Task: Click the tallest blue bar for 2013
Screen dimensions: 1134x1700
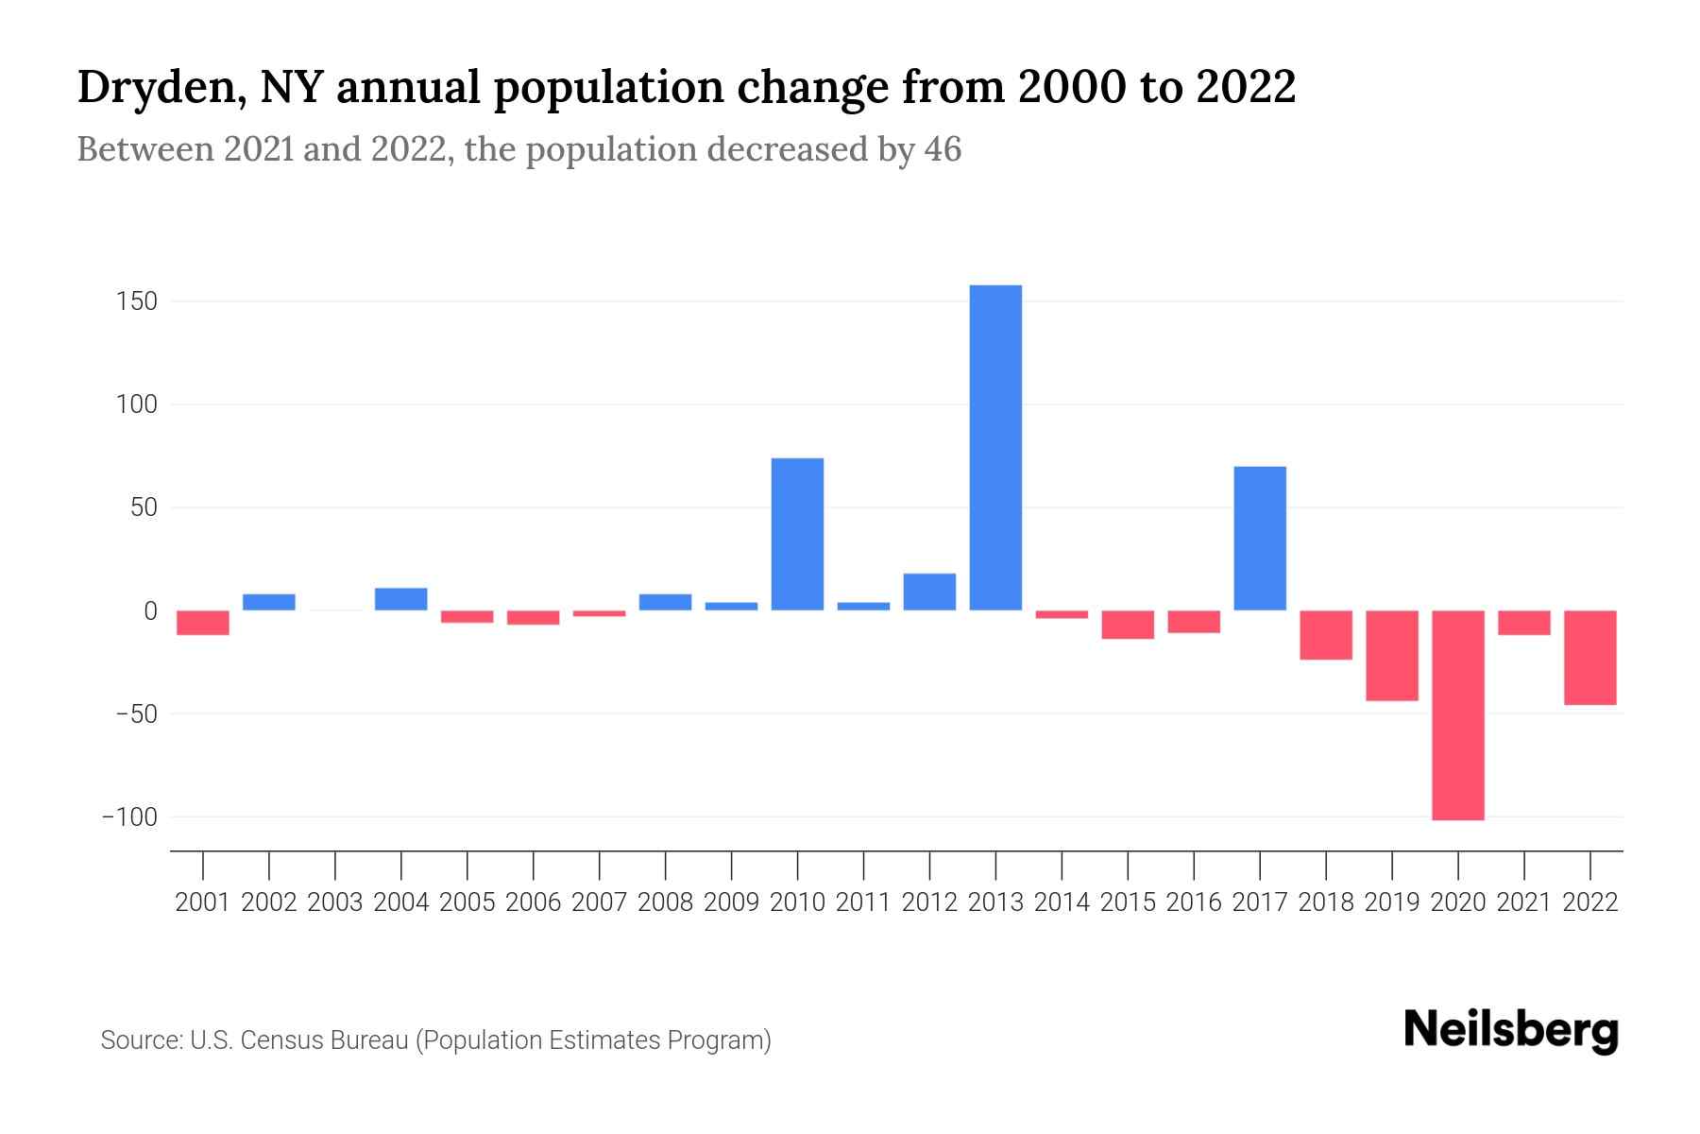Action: click(x=995, y=448)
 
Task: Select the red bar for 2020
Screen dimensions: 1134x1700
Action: click(x=1457, y=715)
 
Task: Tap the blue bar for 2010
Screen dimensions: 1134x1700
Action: click(x=797, y=534)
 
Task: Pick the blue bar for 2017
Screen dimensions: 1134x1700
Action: click(x=1259, y=539)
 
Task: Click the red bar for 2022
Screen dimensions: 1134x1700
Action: click(x=1589, y=658)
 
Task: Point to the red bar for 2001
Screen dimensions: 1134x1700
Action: click(x=203, y=623)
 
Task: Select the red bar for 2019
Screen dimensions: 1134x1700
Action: click(x=1391, y=656)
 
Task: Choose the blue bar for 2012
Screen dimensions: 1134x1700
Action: click(x=929, y=592)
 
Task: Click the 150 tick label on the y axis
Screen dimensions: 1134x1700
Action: click(x=137, y=302)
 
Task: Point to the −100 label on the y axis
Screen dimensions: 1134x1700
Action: click(x=130, y=817)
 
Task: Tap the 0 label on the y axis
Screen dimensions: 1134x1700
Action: click(x=149, y=611)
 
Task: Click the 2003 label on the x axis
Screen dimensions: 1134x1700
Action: click(x=335, y=902)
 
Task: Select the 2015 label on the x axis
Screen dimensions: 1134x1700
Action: click(x=1128, y=902)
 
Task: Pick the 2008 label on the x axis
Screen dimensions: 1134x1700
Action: click(x=665, y=902)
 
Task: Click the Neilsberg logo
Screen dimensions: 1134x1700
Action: click(x=1510, y=1030)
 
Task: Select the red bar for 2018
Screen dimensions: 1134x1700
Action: click(x=1325, y=635)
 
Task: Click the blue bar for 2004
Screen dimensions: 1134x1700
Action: click(x=401, y=599)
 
